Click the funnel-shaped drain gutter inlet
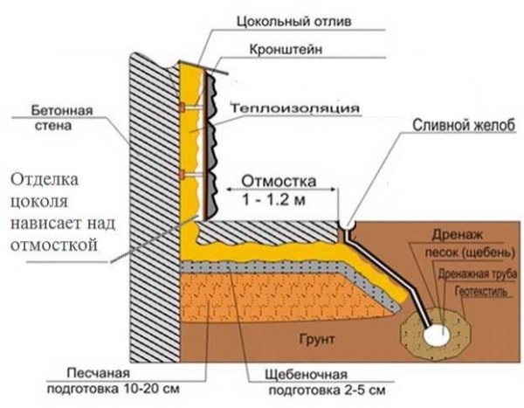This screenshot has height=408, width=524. tap(348, 225)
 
